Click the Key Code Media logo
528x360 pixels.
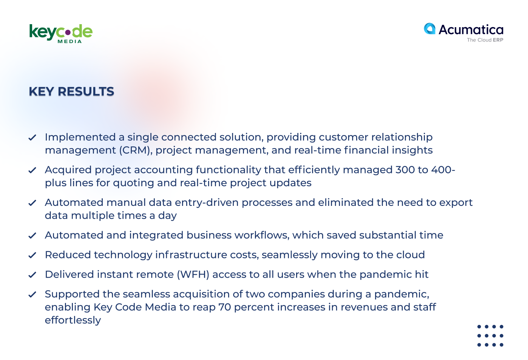[61, 34]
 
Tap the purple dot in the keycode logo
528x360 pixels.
[68, 32]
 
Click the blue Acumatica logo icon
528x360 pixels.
[430, 29]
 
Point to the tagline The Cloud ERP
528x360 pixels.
[485, 40]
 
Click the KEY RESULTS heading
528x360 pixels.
[71, 91]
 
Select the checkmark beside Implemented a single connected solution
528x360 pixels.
[32, 137]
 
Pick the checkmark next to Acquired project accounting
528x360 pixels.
[32, 170]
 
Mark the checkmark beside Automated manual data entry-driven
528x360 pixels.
[32, 203]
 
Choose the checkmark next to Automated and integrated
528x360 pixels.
[32, 235]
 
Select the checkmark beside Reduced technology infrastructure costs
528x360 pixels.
[32, 255]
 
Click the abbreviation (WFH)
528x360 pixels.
[193, 274]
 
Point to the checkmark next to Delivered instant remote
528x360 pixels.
[32, 275]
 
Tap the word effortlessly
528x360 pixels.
[73, 320]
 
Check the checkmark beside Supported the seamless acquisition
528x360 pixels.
[32, 294]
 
